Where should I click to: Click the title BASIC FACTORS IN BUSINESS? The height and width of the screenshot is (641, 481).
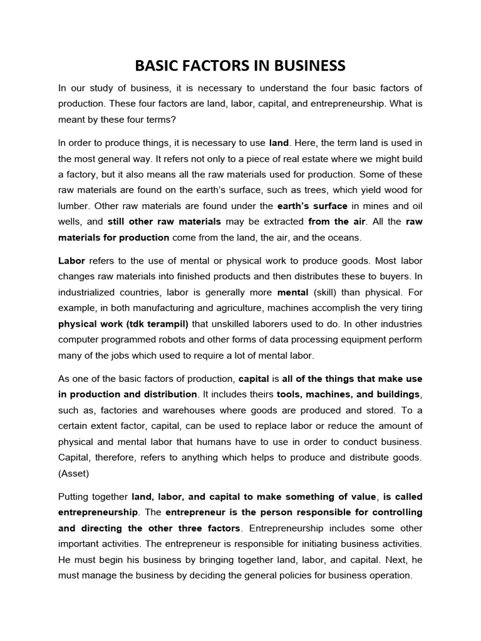(x=240, y=66)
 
